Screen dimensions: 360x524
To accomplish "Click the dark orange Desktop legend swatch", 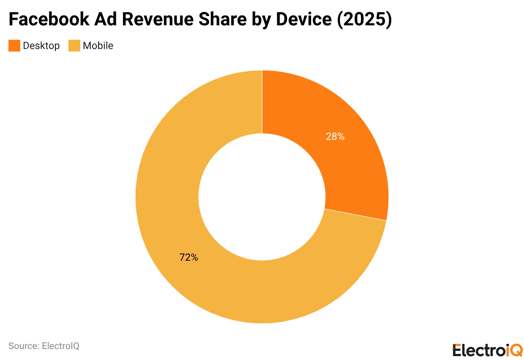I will tap(14, 46).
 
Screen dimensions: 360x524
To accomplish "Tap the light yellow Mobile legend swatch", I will tap(74, 46).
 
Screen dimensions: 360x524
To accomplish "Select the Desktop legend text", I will tap(41, 46).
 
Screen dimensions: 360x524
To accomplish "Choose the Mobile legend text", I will tap(98, 46).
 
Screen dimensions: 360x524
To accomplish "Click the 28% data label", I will tap(335, 136).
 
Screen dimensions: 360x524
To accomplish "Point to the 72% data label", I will tap(188, 257).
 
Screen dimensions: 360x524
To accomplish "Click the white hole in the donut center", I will tap(262, 197).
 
